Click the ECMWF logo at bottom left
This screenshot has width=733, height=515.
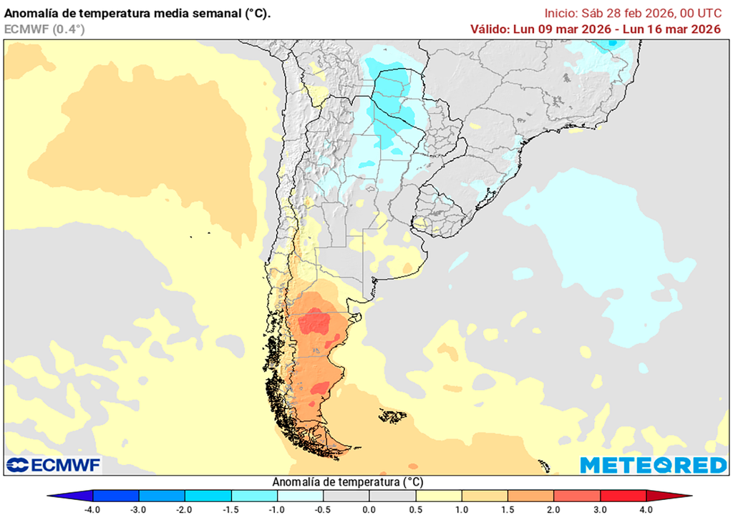54,465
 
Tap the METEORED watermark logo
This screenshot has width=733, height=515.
653,465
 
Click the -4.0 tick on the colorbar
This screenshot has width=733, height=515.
92,509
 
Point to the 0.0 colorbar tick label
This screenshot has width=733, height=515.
369,509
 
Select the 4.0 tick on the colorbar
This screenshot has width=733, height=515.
646,509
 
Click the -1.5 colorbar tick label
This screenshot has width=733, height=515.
230,509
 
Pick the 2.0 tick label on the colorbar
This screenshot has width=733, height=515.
554,509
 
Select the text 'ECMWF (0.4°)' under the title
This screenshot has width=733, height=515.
44,29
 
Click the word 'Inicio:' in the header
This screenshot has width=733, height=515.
561,13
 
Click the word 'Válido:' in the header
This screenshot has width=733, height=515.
490,29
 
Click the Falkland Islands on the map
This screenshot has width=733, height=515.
392,416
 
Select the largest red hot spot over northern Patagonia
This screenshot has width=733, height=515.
314,324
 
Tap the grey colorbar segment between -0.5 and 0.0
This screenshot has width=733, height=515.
346,496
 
